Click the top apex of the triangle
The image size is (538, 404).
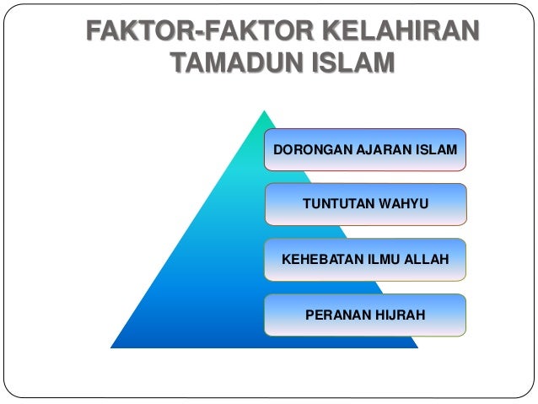(265, 110)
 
